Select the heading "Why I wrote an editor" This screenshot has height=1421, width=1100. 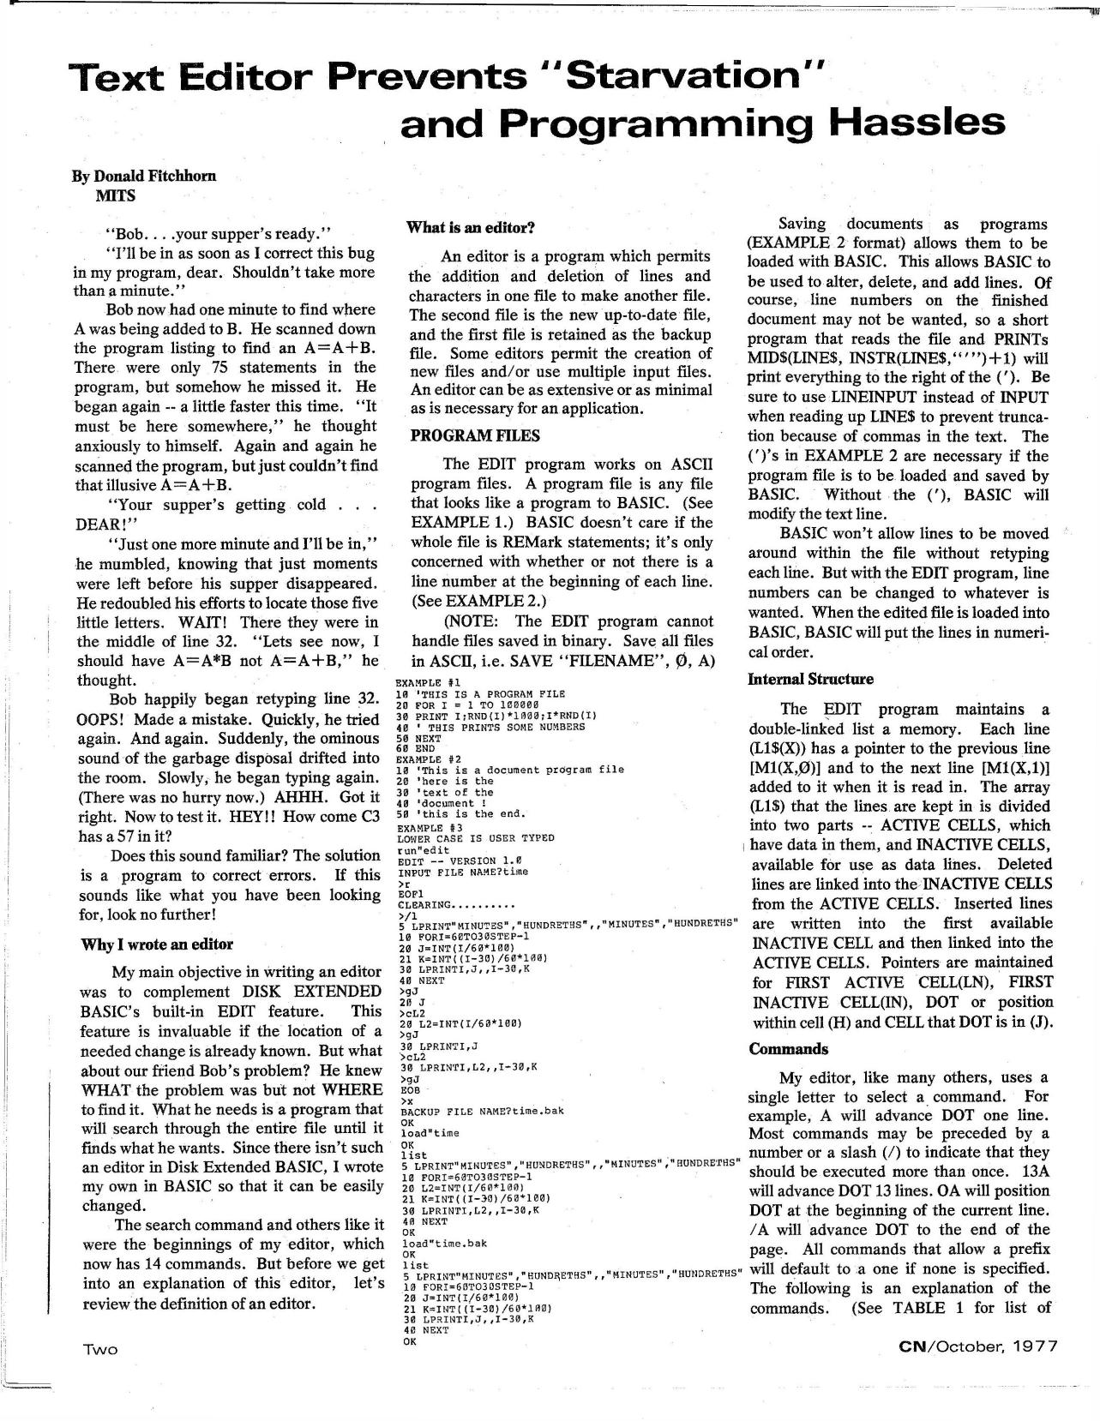[x=157, y=944]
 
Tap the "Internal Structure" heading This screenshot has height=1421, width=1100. [x=811, y=680]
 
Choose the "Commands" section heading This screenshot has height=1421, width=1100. [x=789, y=1049]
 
